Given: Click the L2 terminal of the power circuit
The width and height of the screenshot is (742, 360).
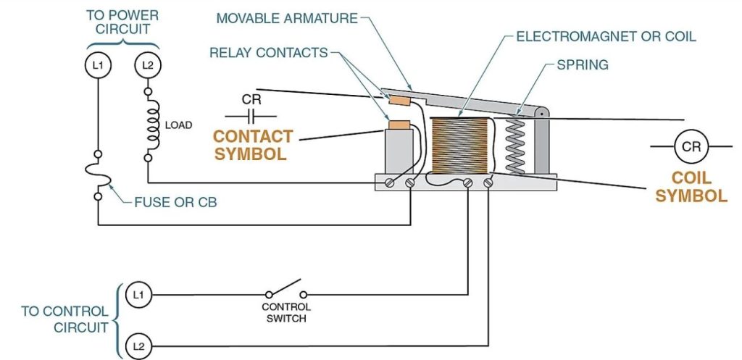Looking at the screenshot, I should [147, 66].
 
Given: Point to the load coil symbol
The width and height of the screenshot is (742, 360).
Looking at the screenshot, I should [152, 125].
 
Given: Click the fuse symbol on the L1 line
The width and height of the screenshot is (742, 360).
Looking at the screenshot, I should [97, 174].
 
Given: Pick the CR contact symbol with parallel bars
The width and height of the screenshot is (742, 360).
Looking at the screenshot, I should [251, 115].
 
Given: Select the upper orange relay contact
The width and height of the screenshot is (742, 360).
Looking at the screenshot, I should [400, 98].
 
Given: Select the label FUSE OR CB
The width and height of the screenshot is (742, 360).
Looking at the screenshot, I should [175, 202].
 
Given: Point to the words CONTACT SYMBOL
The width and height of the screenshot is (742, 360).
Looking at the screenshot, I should [252, 145].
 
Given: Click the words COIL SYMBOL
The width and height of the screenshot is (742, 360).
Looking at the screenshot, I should [693, 187].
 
